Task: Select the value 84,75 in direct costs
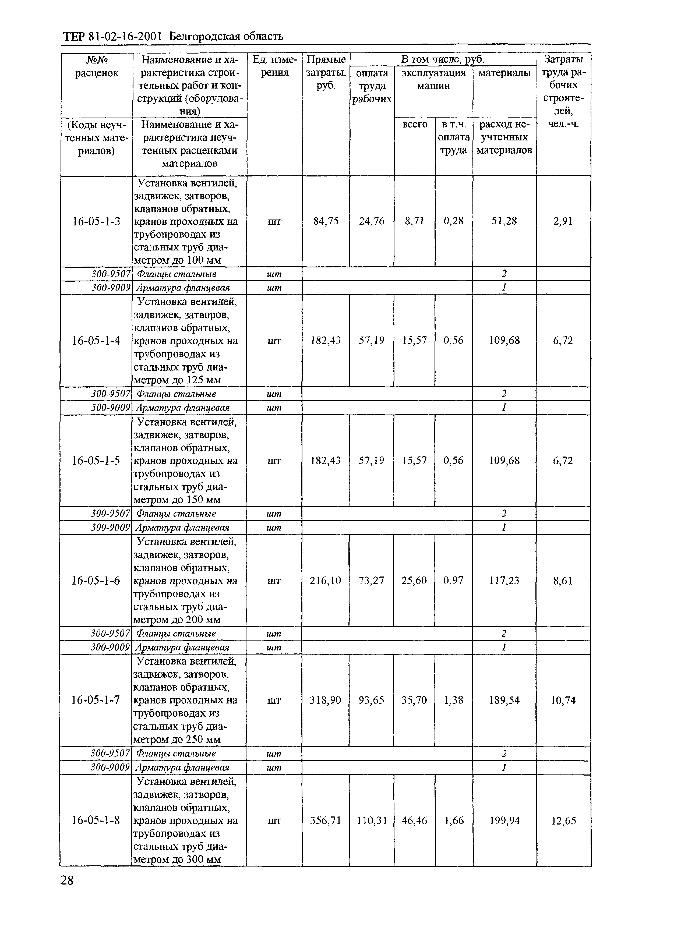coord(326,221)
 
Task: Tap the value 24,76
coord(372,221)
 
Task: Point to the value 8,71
coord(415,221)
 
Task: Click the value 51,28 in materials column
coord(504,221)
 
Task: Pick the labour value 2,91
coord(563,221)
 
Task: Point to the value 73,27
coord(372,581)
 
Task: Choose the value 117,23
coord(504,581)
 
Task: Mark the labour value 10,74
coord(563,700)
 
